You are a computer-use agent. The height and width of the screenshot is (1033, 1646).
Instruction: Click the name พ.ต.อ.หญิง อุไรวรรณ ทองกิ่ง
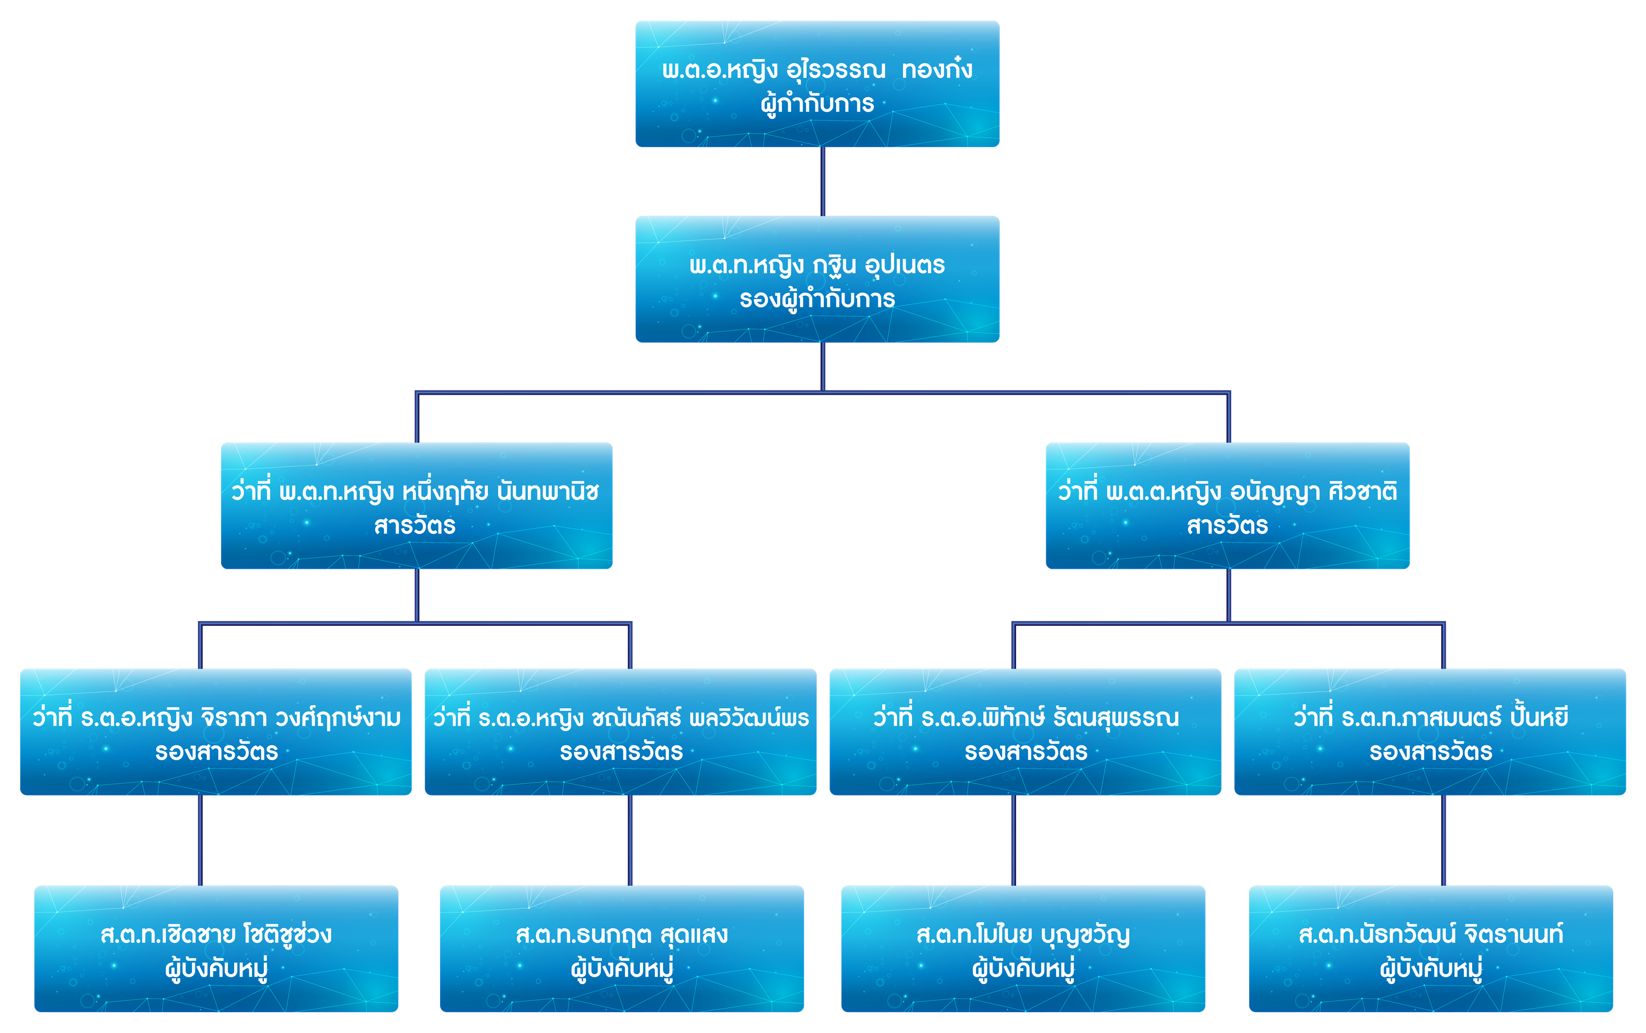(x=817, y=70)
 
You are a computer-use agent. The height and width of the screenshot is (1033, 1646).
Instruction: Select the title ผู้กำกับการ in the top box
(x=817, y=104)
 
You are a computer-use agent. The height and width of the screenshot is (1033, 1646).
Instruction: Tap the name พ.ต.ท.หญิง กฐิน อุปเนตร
(x=817, y=265)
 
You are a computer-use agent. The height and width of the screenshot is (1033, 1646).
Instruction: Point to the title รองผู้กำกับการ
(x=817, y=299)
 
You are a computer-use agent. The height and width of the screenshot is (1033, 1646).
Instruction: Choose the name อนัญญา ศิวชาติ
(x=1313, y=492)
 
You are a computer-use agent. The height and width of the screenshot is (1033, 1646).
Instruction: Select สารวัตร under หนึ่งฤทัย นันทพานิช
(x=415, y=526)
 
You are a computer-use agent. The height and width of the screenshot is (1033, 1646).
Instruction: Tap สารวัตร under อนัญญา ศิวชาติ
(x=1227, y=526)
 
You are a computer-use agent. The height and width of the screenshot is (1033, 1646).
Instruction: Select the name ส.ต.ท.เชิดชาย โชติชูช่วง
(x=216, y=935)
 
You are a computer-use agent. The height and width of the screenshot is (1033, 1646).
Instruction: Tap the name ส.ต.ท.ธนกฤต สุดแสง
(x=622, y=935)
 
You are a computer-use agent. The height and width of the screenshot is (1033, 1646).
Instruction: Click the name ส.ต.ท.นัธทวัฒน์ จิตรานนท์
(x=1431, y=935)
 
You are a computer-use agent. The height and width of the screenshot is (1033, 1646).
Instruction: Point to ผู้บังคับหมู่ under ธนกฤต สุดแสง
(x=622, y=969)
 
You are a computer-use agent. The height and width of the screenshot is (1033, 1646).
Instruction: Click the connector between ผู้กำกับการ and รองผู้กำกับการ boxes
(x=823, y=181)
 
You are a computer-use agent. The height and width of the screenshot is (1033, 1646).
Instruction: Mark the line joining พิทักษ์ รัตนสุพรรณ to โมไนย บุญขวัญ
(x=1013, y=840)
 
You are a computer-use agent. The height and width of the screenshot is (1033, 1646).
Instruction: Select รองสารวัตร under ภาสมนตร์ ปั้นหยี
(x=1431, y=752)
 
